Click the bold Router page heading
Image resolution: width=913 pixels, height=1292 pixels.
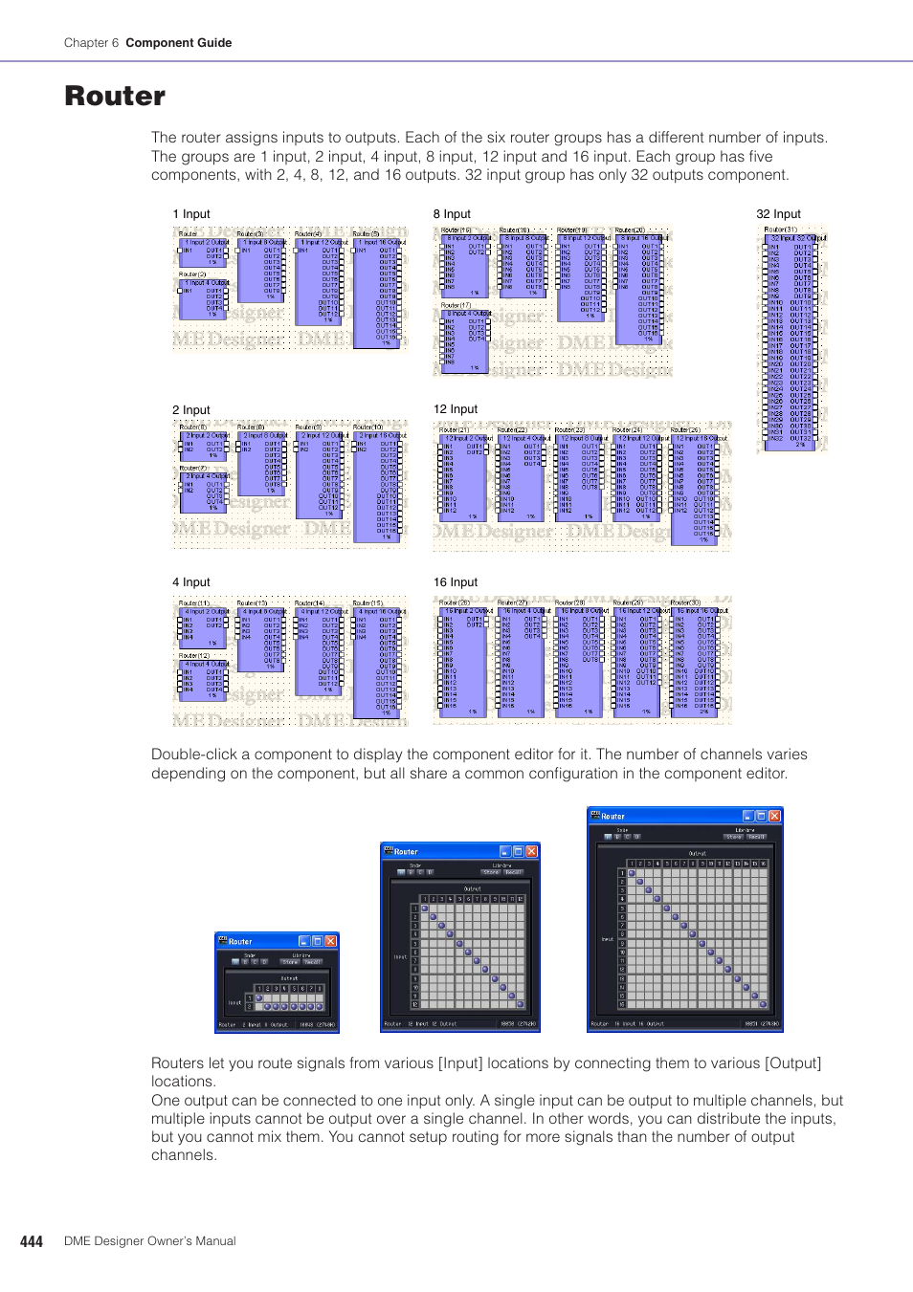[x=115, y=97]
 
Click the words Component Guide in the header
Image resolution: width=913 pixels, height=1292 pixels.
[x=178, y=43]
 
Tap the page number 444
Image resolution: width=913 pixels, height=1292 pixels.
[x=32, y=1241]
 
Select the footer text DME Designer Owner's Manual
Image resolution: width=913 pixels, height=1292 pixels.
[x=149, y=1241]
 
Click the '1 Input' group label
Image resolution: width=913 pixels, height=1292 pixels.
[x=190, y=214]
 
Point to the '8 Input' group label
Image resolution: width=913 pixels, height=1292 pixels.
[x=452, y=214]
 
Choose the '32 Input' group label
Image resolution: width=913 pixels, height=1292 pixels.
[x=778, y=214]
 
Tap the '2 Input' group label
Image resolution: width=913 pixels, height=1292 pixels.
[x=190, y=410]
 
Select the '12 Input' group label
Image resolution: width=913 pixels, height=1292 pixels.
[x=455, y=409]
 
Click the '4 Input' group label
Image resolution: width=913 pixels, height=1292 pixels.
[x=190, y=582]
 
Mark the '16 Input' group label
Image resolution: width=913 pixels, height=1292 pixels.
[x=455, y=582]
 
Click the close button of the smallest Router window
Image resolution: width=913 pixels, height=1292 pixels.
[x=330, y=941]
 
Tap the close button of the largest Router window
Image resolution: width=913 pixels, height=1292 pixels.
[x=774, y=816]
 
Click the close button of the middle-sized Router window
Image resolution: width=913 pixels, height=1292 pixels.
[x=531, y=851]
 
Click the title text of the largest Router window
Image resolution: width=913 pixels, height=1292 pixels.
[x=612, y=817]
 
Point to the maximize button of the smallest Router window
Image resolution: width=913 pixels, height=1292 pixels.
[x=318, y=941]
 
